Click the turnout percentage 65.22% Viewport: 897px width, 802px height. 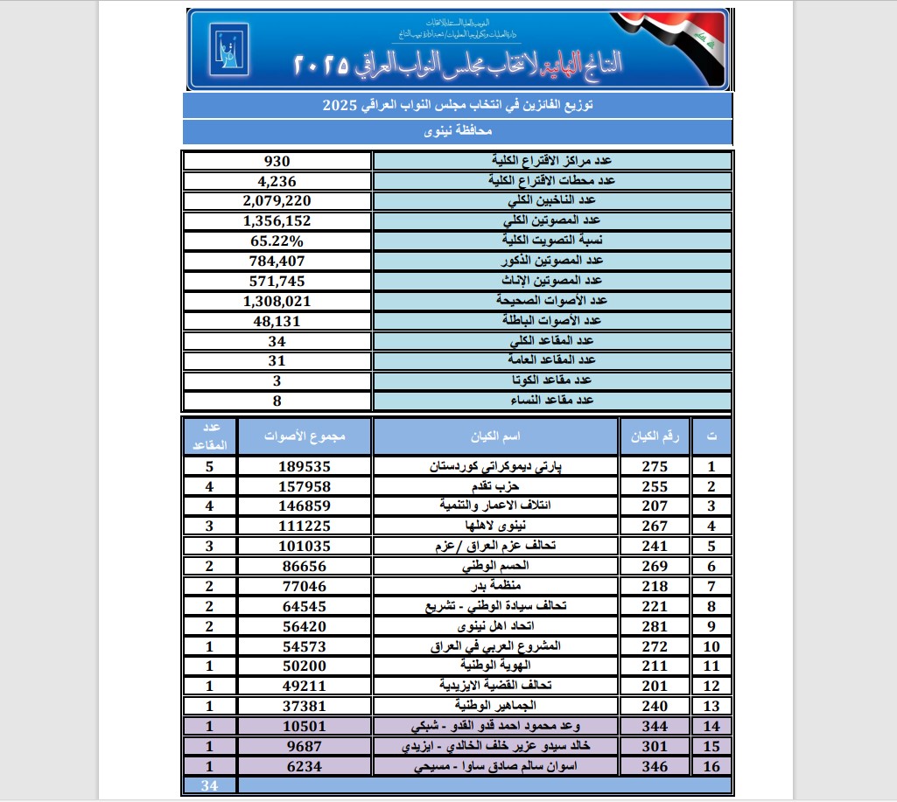pos(277,241)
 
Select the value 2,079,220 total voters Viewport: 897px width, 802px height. pos(277,200)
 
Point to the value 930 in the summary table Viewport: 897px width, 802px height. pos(277,161)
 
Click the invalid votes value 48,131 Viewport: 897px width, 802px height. pos(277,320)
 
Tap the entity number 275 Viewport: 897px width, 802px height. pos(654,466)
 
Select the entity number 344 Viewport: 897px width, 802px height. pos(654,726)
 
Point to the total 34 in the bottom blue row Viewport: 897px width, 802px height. pos(209,785)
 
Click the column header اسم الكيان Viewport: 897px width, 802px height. pos(495,436)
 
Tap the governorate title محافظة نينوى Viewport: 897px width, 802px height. pos(456,132)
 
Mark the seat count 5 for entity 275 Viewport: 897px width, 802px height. pos(209,466)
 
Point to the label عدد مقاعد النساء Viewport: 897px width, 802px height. pos(551,400)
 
